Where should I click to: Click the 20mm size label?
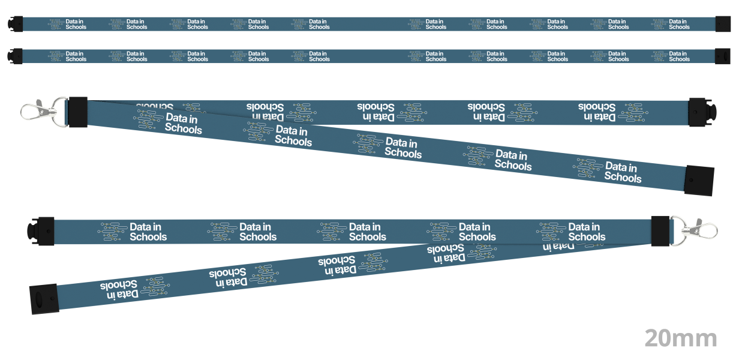coord(681,338)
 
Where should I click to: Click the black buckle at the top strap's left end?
coord(15,24)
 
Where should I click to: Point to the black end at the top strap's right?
coord(723,24)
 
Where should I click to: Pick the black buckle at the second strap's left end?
coord(15,56)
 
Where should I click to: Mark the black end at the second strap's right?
coord(723,56)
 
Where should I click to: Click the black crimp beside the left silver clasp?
coord(78,112)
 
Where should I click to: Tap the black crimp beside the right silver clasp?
coord(660,231)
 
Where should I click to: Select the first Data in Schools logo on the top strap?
coord(67,24)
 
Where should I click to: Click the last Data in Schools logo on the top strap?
coord(671,24)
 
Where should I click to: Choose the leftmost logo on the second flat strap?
coord(67,56)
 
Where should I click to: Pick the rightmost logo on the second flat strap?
coord(671,56)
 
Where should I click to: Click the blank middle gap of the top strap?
coord(368,24)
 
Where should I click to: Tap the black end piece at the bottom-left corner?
coord(44,299)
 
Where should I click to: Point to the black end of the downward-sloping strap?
coord(699,181)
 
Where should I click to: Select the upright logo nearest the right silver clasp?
coord(571,232)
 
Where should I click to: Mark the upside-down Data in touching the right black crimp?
coord(558,246)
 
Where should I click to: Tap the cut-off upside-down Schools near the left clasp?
coord(154,106)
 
